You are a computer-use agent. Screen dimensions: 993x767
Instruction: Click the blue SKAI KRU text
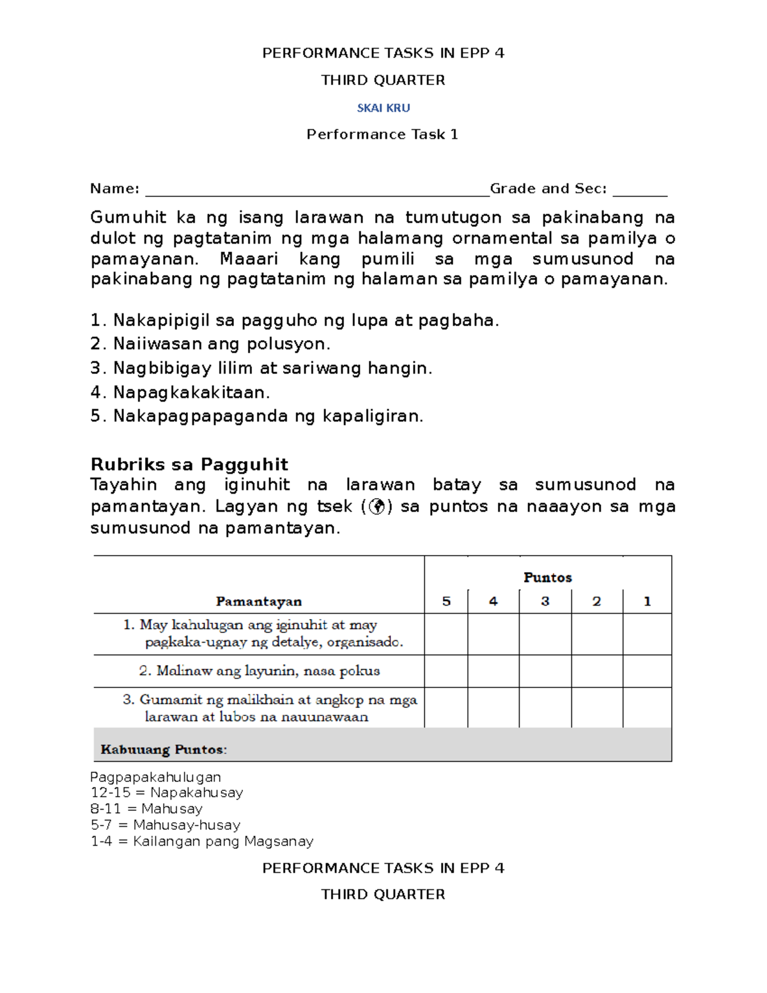383,108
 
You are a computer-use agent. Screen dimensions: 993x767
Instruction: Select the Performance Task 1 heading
382,134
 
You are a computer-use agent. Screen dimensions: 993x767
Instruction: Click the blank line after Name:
317,191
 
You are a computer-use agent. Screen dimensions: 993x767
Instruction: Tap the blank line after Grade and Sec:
639,191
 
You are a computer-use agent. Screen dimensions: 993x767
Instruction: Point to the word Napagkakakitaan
191,392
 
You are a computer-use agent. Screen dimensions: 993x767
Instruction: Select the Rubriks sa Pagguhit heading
189,464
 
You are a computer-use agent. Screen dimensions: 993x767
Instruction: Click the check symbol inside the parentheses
377,507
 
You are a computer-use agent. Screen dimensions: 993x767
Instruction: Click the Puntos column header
547,577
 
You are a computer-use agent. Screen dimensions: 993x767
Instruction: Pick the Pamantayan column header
258,601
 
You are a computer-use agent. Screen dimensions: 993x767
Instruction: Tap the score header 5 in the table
446,601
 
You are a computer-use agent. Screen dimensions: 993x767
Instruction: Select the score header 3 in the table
545,601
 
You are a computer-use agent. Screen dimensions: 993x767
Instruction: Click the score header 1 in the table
647,601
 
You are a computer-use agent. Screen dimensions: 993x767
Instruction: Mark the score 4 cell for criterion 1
493,634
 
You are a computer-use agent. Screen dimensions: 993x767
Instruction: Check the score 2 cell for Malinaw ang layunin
596,671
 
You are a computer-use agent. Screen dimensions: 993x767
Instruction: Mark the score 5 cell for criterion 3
446,708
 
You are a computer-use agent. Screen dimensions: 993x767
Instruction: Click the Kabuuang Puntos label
164,749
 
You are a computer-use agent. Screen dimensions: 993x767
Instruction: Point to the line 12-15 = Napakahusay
167,793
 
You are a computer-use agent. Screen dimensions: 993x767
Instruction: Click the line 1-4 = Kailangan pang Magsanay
202,841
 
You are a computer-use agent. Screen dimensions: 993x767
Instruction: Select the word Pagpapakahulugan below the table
155,777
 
